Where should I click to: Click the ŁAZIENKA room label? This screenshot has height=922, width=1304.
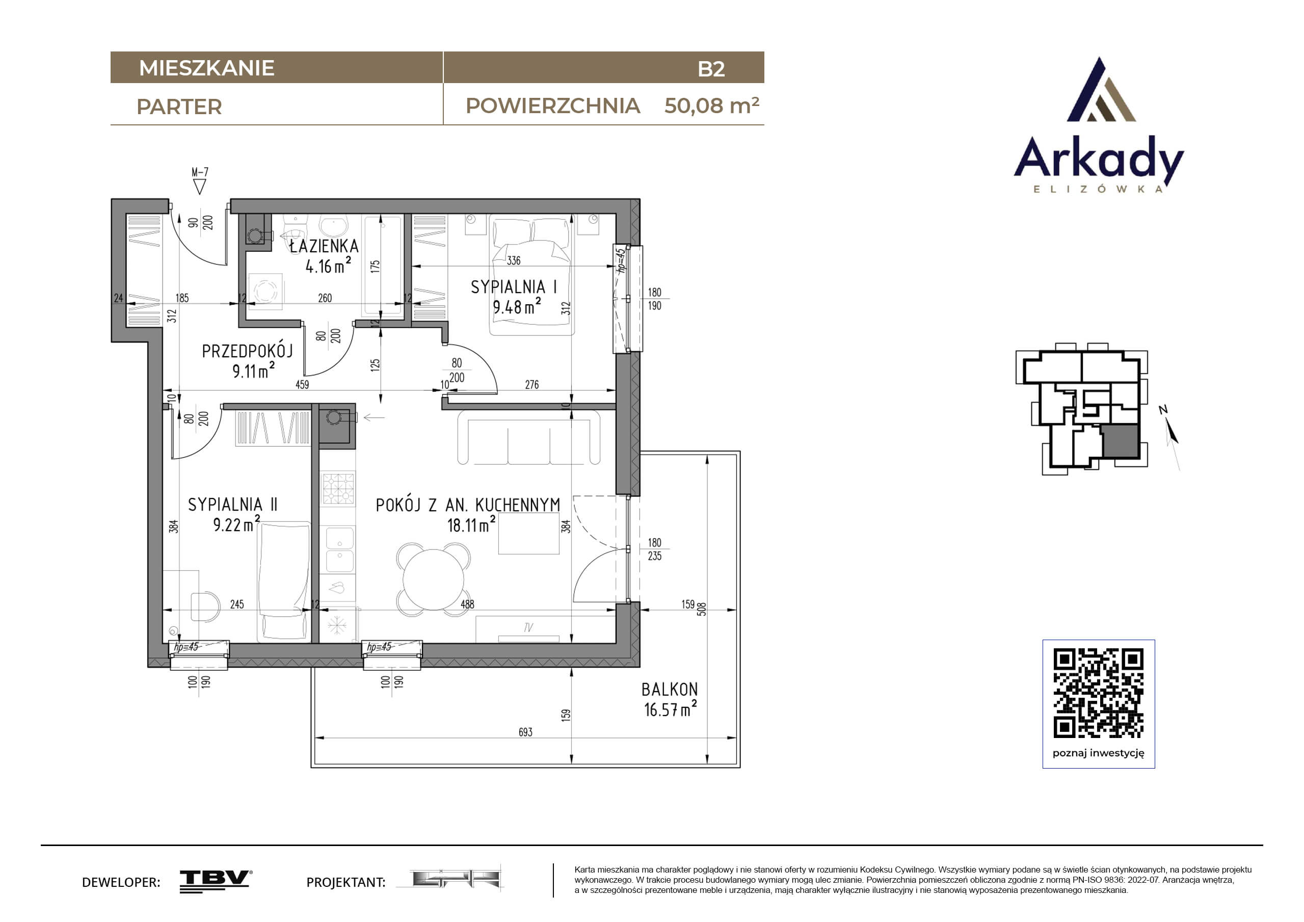pos(324,246)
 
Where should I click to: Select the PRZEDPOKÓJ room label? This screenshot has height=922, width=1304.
pos(247,351)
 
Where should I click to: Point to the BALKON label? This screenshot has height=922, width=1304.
pos(670,689)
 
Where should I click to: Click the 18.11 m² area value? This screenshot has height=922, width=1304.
pos(471,524)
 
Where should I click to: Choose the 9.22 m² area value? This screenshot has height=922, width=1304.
pos(236,523)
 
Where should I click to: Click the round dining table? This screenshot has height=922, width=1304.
pos(433,579)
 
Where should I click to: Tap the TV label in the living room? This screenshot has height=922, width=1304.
pos(528,628)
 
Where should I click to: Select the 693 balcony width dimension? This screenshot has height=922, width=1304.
pos(525,732)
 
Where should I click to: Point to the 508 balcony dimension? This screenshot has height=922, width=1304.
pos(702,609)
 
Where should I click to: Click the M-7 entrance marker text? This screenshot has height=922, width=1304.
pos(200,172)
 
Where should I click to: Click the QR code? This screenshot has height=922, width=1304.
pos(1099,693)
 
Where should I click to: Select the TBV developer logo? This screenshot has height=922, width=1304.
pos(216,881)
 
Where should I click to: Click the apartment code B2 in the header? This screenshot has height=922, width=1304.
pos(711,69)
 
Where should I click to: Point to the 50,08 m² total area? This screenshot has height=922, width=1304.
pos(712,106)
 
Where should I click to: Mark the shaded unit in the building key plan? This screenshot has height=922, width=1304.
pos(1121,441)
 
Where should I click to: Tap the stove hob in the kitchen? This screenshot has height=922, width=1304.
pos(338,489)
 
